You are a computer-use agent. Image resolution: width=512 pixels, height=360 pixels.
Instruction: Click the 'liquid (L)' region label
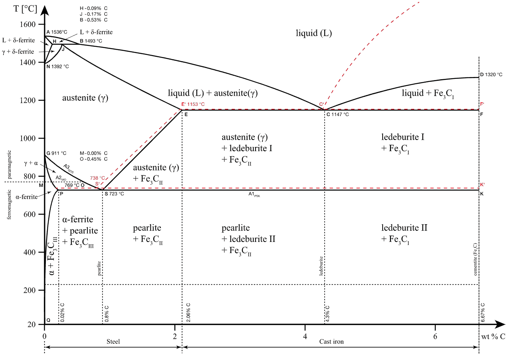314,33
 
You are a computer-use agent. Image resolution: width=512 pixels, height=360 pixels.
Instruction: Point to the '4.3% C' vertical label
327,313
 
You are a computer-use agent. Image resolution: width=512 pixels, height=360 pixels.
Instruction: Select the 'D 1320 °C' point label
491,75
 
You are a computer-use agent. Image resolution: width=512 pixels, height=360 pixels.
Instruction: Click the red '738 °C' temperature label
97,178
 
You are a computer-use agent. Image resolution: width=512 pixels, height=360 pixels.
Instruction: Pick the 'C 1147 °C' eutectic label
338,115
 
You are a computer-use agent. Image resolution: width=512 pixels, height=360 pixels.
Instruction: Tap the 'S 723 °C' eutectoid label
114,194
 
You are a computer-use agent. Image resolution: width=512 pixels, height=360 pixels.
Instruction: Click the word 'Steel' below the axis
113,342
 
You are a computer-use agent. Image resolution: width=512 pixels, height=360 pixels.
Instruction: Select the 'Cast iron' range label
331,342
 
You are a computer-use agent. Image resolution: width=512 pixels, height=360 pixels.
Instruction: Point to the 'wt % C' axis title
493,337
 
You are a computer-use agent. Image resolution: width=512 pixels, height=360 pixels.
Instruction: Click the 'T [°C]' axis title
25,8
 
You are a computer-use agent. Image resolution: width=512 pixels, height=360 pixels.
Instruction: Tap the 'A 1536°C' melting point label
57,32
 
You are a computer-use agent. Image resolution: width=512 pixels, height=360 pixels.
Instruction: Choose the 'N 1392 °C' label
58,67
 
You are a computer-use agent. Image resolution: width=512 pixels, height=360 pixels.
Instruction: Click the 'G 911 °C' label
57,153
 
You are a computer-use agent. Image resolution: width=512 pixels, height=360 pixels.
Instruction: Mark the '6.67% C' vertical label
483,312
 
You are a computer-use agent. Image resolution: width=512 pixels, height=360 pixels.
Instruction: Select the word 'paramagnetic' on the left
9,164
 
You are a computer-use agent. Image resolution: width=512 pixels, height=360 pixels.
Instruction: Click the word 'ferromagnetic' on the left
9,204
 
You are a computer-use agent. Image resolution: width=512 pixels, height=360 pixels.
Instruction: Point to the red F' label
482,104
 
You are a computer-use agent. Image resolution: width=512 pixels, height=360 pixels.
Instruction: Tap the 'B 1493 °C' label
91,41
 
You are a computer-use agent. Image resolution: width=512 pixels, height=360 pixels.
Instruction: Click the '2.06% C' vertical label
188,312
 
